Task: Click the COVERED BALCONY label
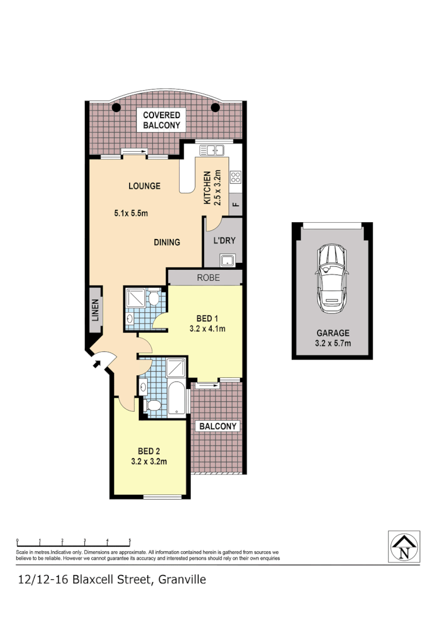162,120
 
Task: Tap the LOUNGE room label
144,186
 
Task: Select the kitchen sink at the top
212,150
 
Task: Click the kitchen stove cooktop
235,177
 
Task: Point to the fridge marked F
235,204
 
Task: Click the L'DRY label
223,240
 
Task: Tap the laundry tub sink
226,259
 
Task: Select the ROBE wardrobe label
208,278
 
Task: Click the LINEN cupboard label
95,309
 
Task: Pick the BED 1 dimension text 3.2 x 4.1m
207,329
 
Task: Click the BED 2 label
149,451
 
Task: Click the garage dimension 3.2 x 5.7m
333,343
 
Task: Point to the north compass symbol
403,546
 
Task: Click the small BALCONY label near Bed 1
219,426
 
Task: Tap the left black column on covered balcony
116,108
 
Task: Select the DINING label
167,242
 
